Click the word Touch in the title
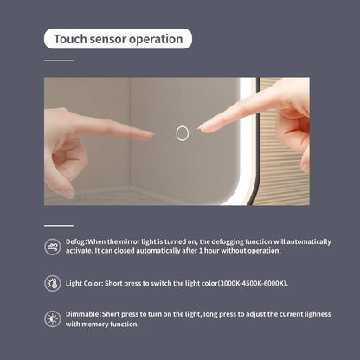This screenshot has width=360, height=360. [70, 39]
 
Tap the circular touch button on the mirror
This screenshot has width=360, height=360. [183, 133]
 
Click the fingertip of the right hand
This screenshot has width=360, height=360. [202, 128]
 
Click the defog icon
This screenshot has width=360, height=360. [53, 247]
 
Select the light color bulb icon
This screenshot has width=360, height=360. [53, 283]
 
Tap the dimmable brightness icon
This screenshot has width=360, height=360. [53, 319]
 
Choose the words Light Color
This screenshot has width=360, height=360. [84, 283]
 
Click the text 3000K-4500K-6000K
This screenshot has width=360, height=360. [253, 283]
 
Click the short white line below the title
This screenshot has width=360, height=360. [59, 61]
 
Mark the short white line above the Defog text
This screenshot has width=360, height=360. [59, 226]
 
